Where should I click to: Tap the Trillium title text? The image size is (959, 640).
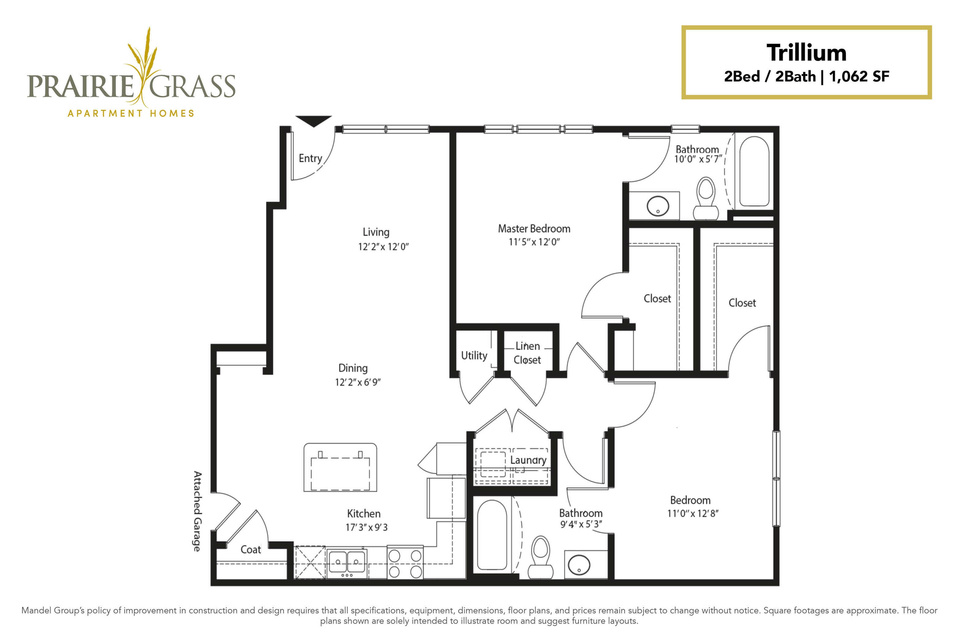(x=806, y=53)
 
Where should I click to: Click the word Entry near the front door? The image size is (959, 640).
(x=310, y=158)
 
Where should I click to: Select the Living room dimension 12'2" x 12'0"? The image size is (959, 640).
(x=383, y=247)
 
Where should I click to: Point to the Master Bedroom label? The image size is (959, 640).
(x=534, y=228)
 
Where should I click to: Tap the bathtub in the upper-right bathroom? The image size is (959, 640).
(x=754, y=171)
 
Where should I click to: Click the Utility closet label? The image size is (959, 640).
(x=474, y=356)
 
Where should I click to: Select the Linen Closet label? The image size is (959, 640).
(x=527, y=353)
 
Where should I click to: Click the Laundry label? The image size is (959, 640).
(x=528, y=460)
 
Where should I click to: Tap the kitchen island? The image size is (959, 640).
(x=340, y=467)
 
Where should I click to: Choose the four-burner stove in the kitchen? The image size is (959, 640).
(x=405, y=563)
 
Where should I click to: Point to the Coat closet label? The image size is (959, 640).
(x=251, y=549)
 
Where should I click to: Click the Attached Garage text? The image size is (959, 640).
(x=197, y=511)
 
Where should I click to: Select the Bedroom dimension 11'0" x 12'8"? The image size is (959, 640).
(x=693, y=514)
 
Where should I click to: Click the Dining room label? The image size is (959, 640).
(x=353, y=368)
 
